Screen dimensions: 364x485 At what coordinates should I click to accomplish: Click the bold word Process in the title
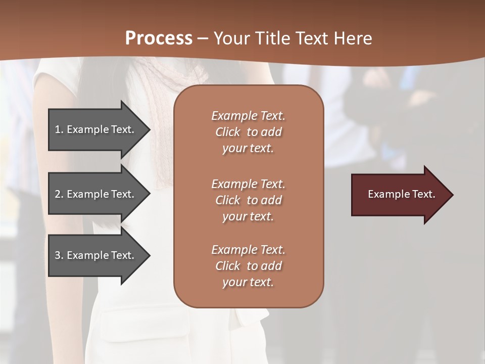point(159,38)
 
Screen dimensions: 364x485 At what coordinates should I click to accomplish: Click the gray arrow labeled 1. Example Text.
point(96,129)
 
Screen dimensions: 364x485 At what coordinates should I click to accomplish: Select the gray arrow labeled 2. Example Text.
point(96,194)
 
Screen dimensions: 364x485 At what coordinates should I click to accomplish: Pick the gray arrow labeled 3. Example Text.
point(96,255)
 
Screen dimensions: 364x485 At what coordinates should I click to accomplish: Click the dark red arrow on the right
point(399,194)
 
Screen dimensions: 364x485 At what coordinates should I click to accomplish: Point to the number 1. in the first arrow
point(59,129)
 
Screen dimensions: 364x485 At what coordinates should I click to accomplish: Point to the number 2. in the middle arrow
point(59,194)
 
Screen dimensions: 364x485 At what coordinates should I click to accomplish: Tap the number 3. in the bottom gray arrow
point(59,255)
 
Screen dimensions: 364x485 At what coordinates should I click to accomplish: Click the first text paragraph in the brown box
point(248,132)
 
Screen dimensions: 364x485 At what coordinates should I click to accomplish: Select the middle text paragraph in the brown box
point(248,200)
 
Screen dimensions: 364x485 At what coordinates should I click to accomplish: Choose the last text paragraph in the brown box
point(248,266)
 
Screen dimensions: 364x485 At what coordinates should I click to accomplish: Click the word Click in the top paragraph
point(228,132)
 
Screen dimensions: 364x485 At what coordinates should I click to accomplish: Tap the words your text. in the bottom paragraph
point(248,283)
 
